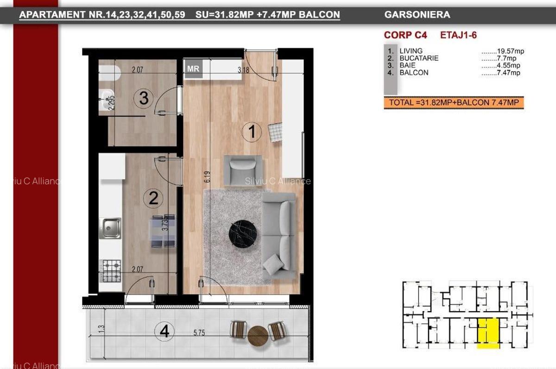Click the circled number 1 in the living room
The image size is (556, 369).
tap(252, 132)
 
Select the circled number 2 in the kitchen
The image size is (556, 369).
tap(153, 199)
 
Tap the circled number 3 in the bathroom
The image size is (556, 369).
tap(144, 98)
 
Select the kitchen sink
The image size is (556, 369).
tap(111, 228)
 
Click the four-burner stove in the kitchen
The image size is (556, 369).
tap(111, 271)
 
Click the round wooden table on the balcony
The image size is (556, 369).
tap(258, 336)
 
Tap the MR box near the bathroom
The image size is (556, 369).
tap(193, 69)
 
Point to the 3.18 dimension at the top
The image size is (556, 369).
tap(243, 71)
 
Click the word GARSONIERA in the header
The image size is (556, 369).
tap(417, 14)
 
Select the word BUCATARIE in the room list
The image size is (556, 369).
tap(418, 58)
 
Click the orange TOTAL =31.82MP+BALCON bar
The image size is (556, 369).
tap(454, 103)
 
